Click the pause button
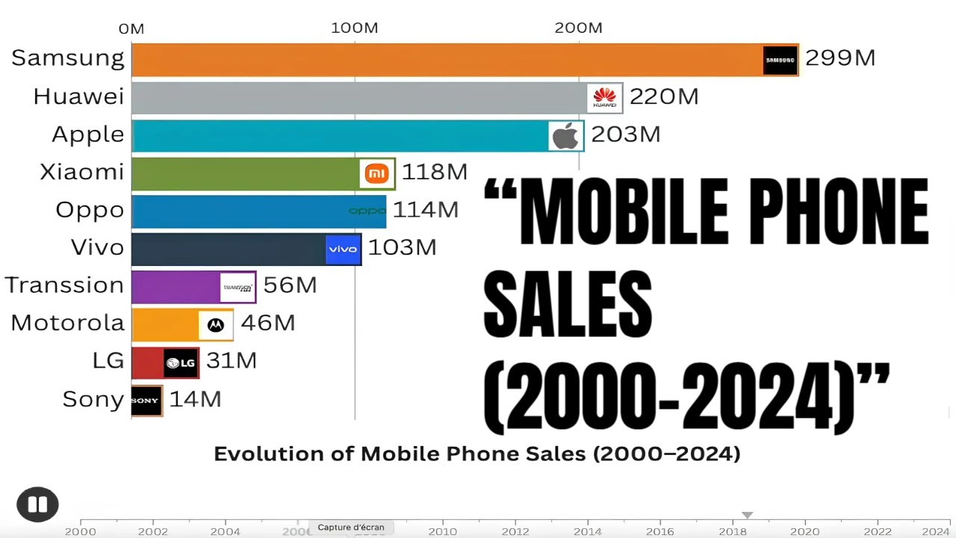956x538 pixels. [x=37, y=504]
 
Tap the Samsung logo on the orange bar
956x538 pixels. [x=780, y=60]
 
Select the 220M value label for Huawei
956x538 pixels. [x=663, y=97]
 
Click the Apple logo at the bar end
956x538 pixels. [x=565, y=136]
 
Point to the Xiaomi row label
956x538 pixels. [x=81, y=172]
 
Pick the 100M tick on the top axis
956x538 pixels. [x=355, y=28]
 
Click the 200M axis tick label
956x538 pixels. [x=578, y=28]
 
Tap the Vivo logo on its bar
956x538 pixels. [x=343, y=249]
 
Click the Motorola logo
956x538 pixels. [x=215, y=325]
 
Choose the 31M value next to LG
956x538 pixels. [x=231, y=361]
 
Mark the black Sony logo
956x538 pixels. [x=146, y=401]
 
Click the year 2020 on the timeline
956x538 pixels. [x=805, y=531]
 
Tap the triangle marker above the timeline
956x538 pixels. [x=746, y=515]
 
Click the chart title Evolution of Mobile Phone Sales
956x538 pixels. [x=477, y=454]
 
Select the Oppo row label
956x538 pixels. [x=90, y=210]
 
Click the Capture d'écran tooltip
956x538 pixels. [x=351, y=527]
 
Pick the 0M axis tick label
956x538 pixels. [x=131, y=29]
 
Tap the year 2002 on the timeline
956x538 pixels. [x=152, y=531]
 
